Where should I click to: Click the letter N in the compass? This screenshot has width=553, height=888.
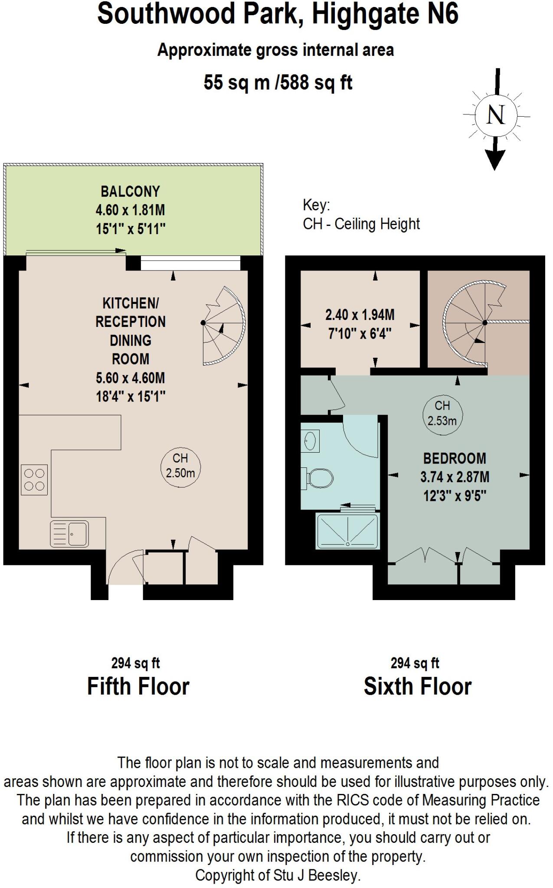tap(496, 115)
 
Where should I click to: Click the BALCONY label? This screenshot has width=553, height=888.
tap(130, 191)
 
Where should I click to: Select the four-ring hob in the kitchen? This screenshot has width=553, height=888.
tap(34, 480)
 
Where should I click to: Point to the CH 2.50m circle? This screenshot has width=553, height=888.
tap(180, 466)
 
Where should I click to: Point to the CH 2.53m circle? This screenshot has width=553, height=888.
tap(442, 413)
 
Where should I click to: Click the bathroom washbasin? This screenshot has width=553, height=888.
tap(310, 441)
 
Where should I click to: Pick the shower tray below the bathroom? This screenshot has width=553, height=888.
tap(348, 531)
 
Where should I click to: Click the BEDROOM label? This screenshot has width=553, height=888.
tap(455, 458)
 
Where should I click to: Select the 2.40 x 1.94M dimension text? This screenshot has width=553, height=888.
tap(360, 315)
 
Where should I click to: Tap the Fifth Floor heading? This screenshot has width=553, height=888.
tap(138, 686)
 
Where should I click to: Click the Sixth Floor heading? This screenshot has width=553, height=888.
tap(417, 686)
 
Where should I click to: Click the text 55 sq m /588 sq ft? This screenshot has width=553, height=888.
tap(278, 82)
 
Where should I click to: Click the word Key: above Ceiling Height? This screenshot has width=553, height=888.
tap(316, 205)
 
